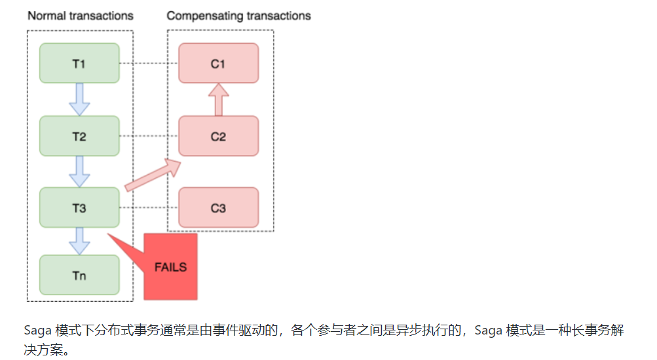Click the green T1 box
point(79,63)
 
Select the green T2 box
point(79,136)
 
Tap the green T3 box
point(79,208)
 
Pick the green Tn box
point(79,275)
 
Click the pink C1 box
point(218,63)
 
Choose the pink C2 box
point(218,136)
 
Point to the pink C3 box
point(218,208)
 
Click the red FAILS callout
point(170,266)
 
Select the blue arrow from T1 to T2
point(79,98)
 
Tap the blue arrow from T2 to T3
point(79,171)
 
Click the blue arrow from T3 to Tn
point(79,240)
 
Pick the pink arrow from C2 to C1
point(218,99)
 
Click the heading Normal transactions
point(80,15)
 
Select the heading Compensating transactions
point(238,15)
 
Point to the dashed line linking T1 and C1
point(149,63)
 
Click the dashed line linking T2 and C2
point(149,136)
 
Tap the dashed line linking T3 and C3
point(149,208)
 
